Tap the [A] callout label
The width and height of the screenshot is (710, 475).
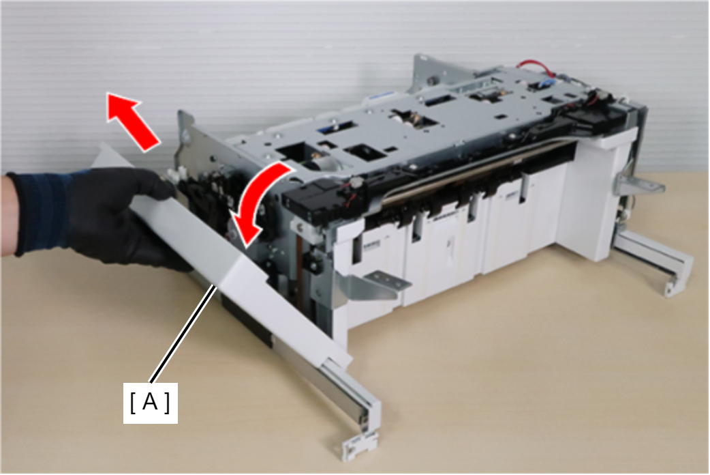click(x=151, y=403)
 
